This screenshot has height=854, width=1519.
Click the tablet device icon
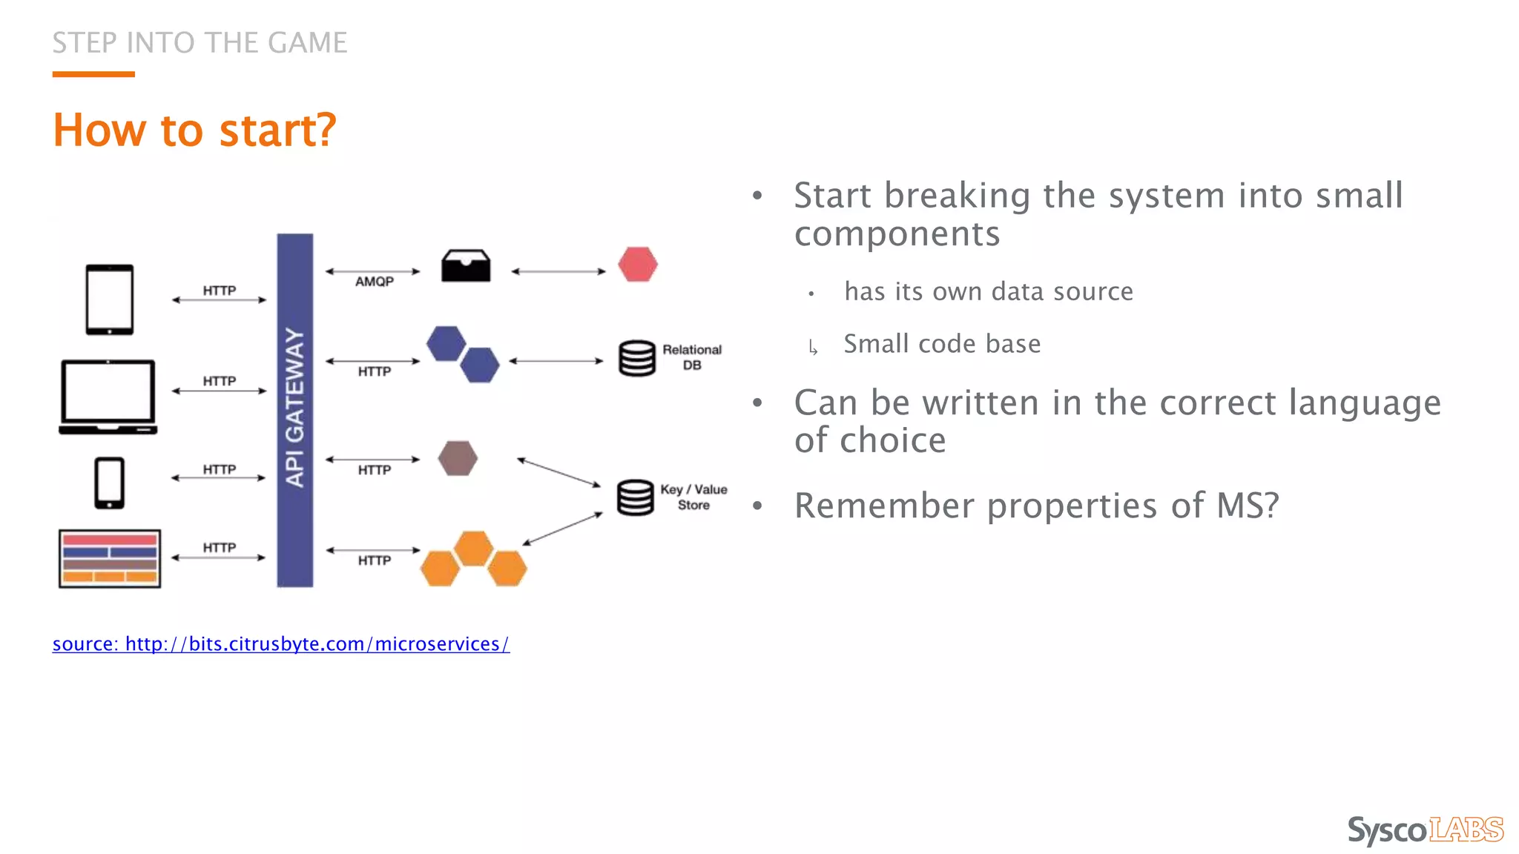[x=110, y=299]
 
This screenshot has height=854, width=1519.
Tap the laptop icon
[x=108, y=396]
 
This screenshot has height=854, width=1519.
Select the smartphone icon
[x=110, y=483]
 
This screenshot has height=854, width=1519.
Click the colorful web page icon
[x=110, y=558]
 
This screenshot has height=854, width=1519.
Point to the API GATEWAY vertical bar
[x=294, y=410]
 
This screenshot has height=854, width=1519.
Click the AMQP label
[x=374, y=282]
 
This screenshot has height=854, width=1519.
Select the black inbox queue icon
[x=466, y=265]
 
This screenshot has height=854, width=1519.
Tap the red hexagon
[x=638, y=265]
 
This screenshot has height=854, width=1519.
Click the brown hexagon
[x=458, y=458]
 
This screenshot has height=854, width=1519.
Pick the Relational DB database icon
[x=637, y=358]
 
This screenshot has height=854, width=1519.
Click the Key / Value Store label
[x=693, y=497]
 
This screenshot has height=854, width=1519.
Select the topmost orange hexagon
[x=473, y=549]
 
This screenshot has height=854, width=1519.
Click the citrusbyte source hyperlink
[x=281, y=643]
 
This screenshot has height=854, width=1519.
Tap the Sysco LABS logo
[x=1425, y=830]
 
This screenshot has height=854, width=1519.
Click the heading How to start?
[x=194, y=130]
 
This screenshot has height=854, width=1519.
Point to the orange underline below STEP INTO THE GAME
[x=93, y=74]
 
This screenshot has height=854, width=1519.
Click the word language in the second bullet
[x=1364, y=403]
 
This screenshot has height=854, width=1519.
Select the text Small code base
[x=942, y=344]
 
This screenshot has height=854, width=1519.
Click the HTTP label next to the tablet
[x=220, y=291]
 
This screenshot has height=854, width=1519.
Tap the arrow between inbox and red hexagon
[x=558, y=271]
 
